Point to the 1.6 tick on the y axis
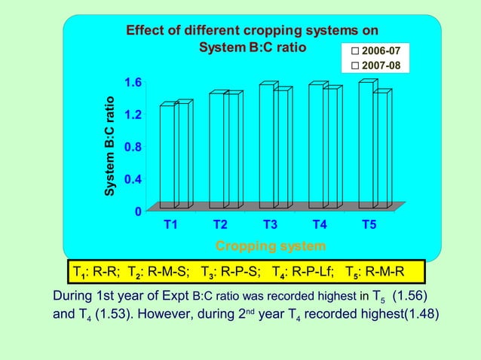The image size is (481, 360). pos(133,82)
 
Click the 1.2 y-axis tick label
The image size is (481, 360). pos(133,114)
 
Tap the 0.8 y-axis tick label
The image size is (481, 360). pos(133,147)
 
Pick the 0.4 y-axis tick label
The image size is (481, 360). pos(133,179)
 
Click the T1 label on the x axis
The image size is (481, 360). pos(171,224)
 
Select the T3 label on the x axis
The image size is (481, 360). pos(270,224)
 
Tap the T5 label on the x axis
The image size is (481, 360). pos(369,224)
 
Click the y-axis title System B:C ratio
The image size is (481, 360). pos(110,147)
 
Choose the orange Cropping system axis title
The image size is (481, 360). pos(271,246)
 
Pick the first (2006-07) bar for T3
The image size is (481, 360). pos(266,146)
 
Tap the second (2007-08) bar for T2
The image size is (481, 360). pos(231,151)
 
